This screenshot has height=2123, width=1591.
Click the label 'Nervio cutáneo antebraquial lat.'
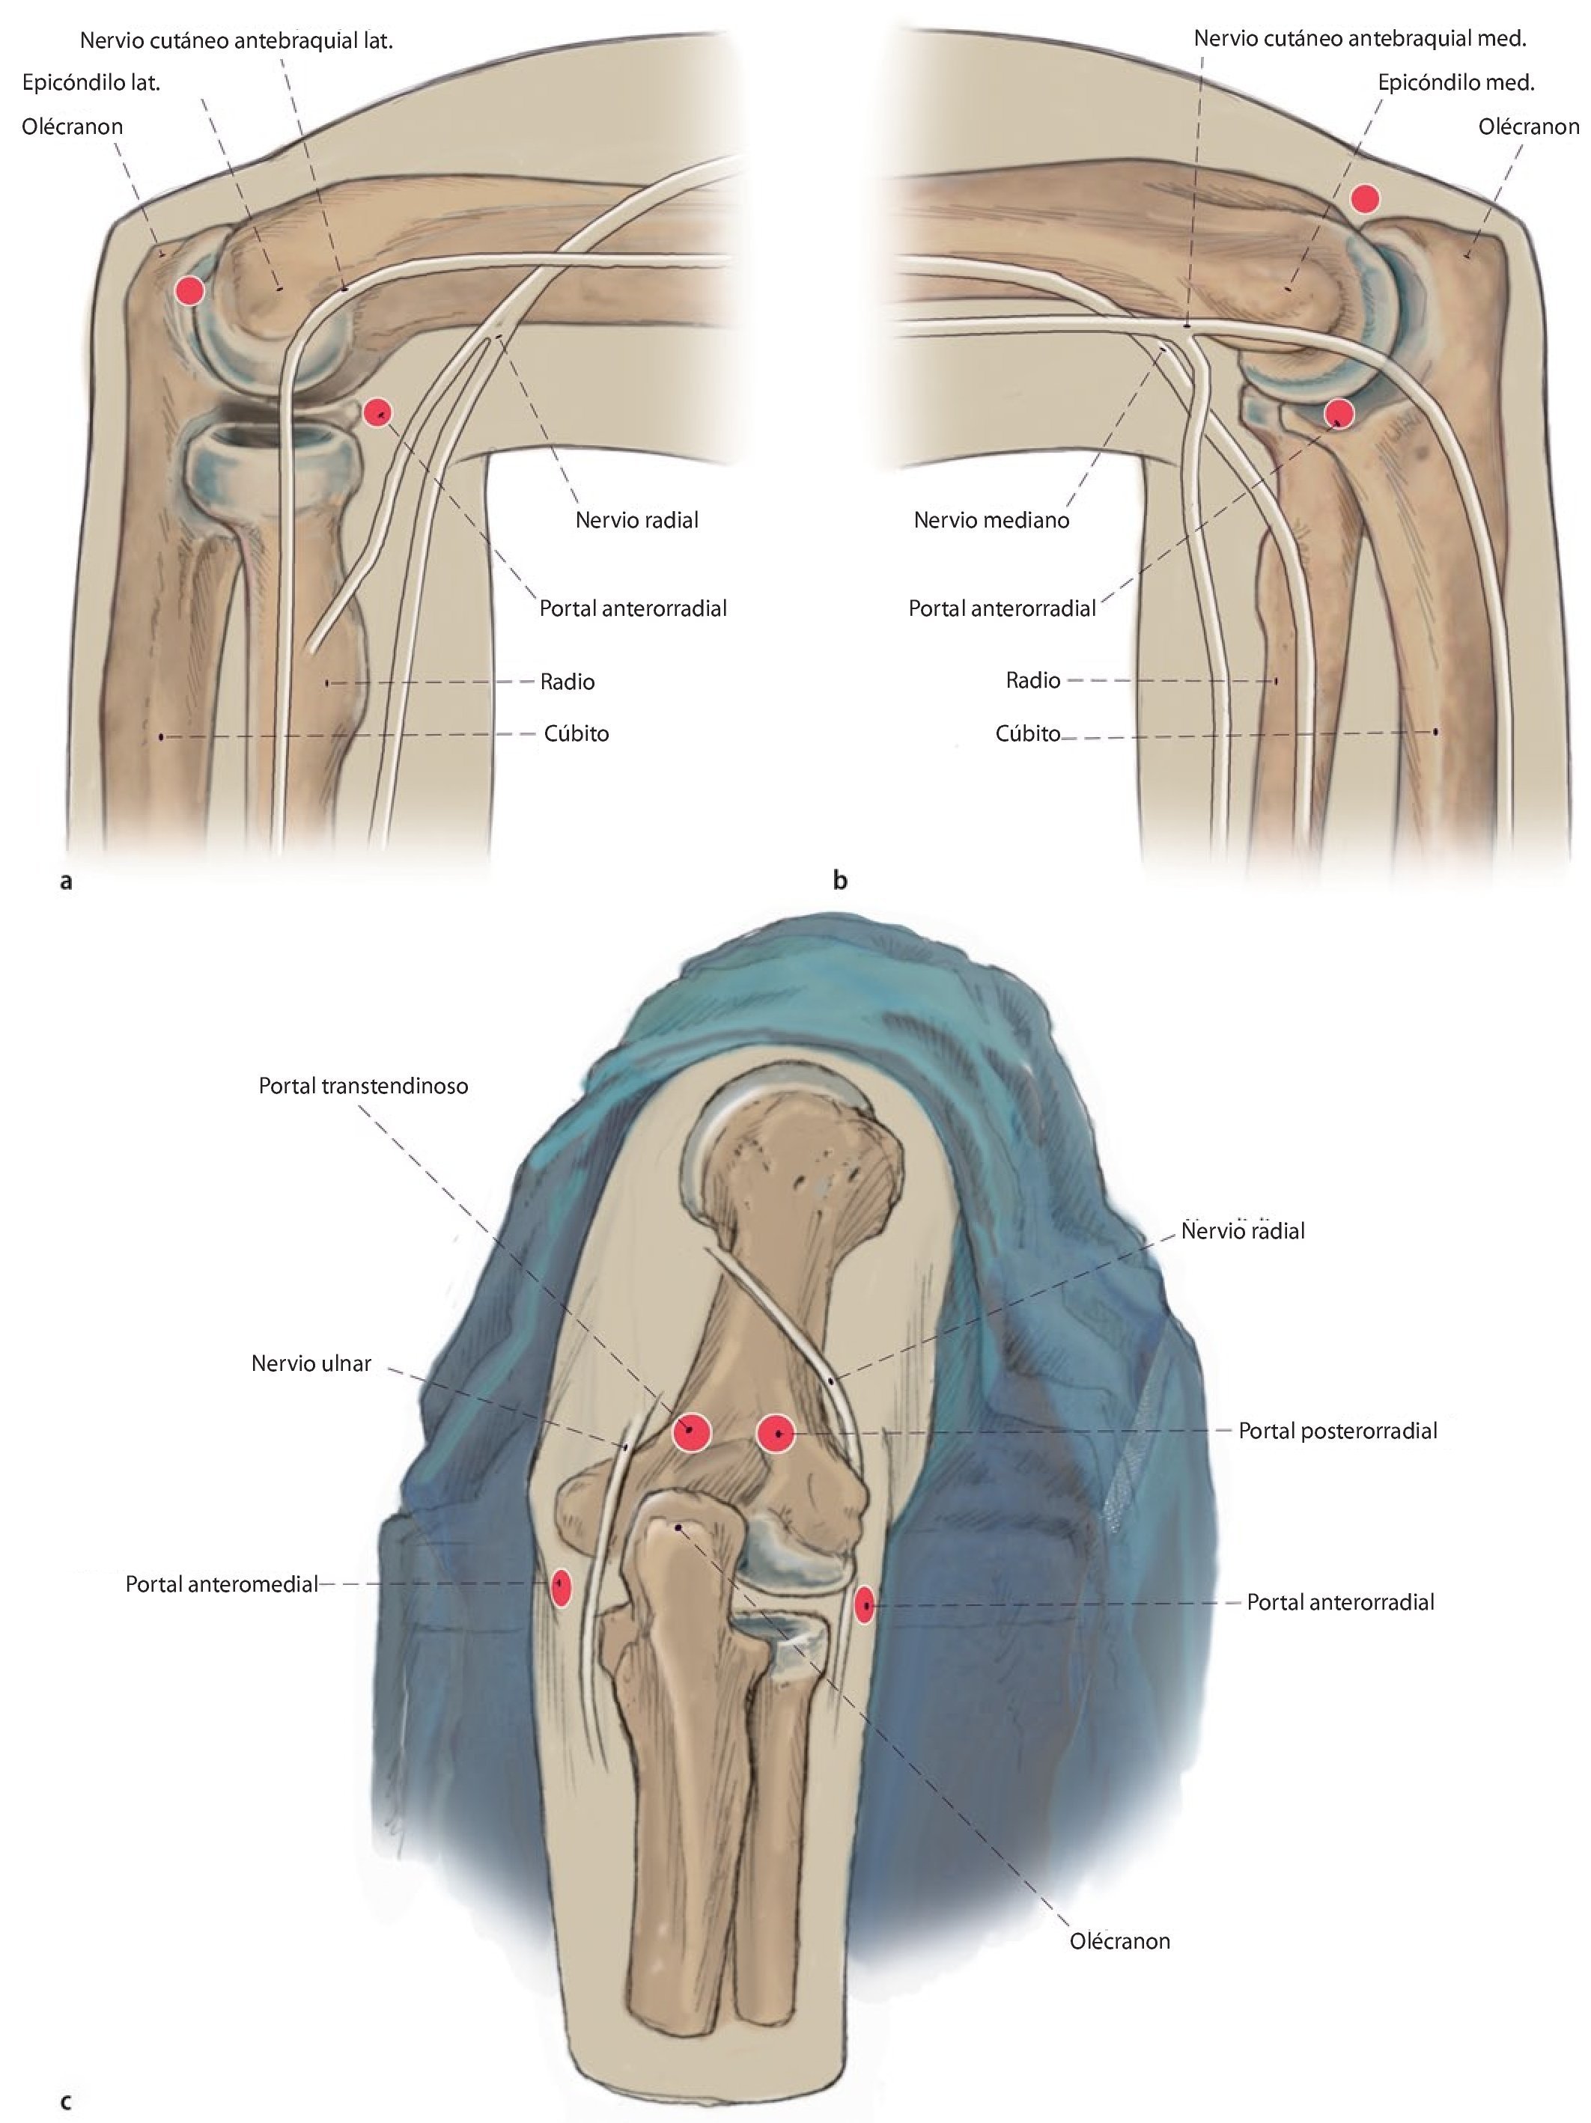point(236,41)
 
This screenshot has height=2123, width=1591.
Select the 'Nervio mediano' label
point(991,520)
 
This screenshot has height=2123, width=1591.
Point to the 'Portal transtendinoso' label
point(363,1086)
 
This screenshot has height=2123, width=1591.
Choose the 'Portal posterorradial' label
point(1337,1431)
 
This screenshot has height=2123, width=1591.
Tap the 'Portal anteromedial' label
point(221,1584)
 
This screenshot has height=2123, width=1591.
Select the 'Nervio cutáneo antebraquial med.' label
point(1360,38)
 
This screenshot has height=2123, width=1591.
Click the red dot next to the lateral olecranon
point(190,290)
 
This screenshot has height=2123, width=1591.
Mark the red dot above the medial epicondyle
point(1364,198)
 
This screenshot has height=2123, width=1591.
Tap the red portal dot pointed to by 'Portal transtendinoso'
point(691,1432)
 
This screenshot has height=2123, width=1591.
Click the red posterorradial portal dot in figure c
point(776,1434)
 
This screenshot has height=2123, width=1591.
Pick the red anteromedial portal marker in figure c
point(561,1587)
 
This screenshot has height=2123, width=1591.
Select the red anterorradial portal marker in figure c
point(864,1604)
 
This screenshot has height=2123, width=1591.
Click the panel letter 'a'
point(65,880)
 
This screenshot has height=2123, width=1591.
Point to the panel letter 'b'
point(840,880)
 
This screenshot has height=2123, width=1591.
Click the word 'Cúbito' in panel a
point(576,733)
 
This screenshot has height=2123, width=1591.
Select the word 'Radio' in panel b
point(1033,680)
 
